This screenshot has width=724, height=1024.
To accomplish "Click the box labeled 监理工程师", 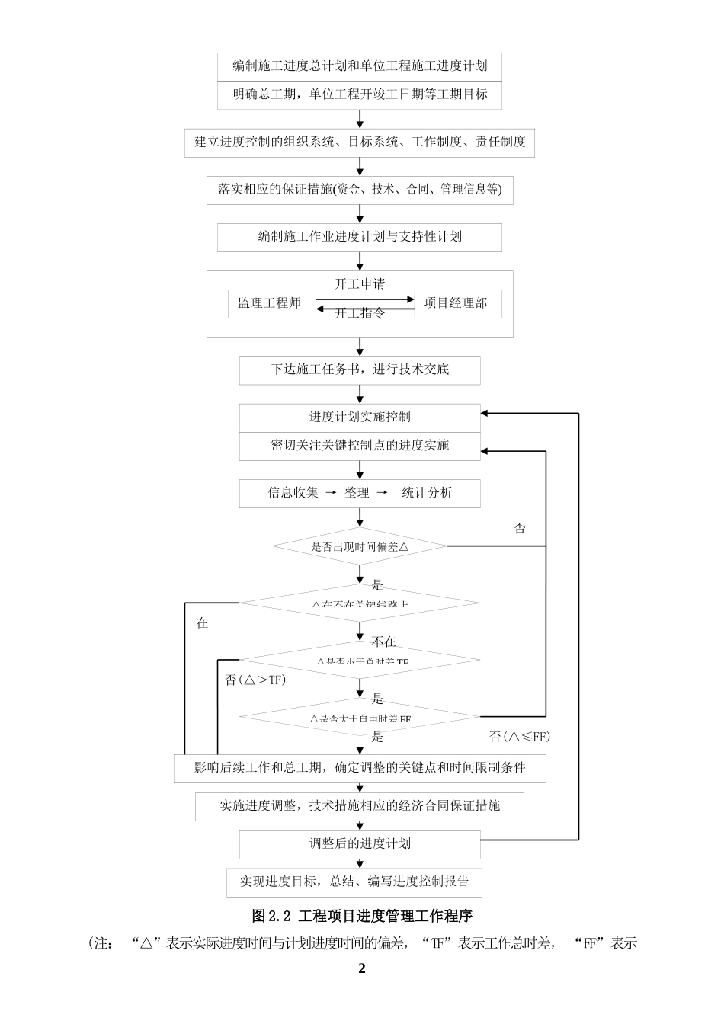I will (271, 303).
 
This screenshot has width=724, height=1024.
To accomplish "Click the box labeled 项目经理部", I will (457, 303).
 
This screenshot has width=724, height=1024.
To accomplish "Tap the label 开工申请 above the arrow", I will (360, 284).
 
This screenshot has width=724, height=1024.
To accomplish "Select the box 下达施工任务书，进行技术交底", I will (360, 370).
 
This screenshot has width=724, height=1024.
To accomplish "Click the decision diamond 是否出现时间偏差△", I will (360, 546).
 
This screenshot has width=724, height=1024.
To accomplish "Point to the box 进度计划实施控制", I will (360, 417).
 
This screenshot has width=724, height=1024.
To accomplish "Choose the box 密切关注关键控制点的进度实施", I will (360, 446).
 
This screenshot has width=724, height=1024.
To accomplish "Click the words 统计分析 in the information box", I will (427, 493).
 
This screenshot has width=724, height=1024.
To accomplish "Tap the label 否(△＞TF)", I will (255, 680).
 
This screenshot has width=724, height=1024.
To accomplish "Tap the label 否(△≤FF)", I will (519, 737).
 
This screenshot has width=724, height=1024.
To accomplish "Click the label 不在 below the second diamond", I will (383, 642).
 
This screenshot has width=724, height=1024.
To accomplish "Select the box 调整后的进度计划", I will (360, 843).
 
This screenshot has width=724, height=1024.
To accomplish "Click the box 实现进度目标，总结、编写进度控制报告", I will (354, 882).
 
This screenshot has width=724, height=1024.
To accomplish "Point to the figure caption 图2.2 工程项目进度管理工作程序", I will (362, 916).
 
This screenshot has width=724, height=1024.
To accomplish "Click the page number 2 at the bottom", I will (362, 968).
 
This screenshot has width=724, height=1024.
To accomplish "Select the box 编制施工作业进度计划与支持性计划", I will (360, 237).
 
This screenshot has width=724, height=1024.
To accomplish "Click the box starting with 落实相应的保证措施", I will (360, 190).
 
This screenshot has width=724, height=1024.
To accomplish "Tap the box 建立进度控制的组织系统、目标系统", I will (360, 142).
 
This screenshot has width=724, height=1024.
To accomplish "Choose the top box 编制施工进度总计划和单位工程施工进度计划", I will (360, 66).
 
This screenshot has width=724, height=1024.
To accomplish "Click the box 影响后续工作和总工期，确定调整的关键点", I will (360, 767).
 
